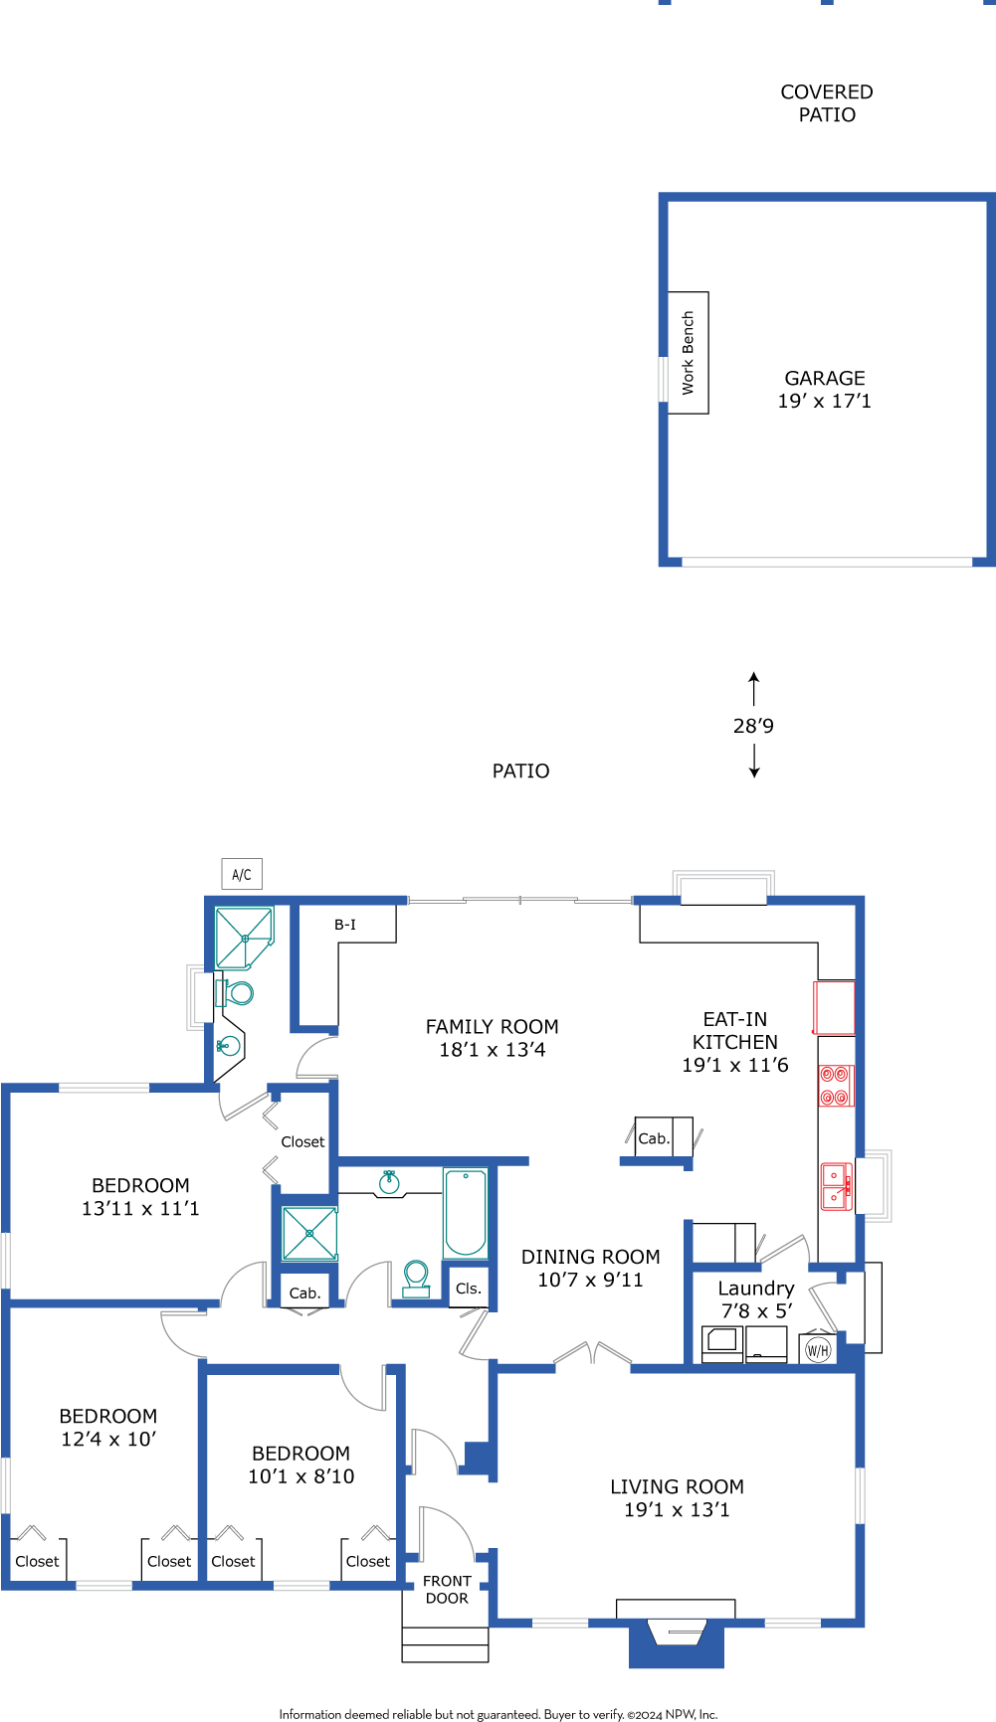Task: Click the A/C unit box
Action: coord(242,874)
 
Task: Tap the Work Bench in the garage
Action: coord(688,353)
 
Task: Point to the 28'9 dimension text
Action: coord(753,726)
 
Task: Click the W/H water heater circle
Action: coord(817,1350)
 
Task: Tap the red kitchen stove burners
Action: coord(835,1086)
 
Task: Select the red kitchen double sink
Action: coord(836,1186)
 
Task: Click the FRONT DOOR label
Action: coord(447,1589)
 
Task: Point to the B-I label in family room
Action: coord(345,925)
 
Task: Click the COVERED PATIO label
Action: coord(827,103)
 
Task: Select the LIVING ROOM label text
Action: coord(677,1486)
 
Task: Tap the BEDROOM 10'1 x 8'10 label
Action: coord(301,1464)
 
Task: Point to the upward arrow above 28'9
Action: coord(754,689)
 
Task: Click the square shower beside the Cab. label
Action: coord(309,1233)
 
